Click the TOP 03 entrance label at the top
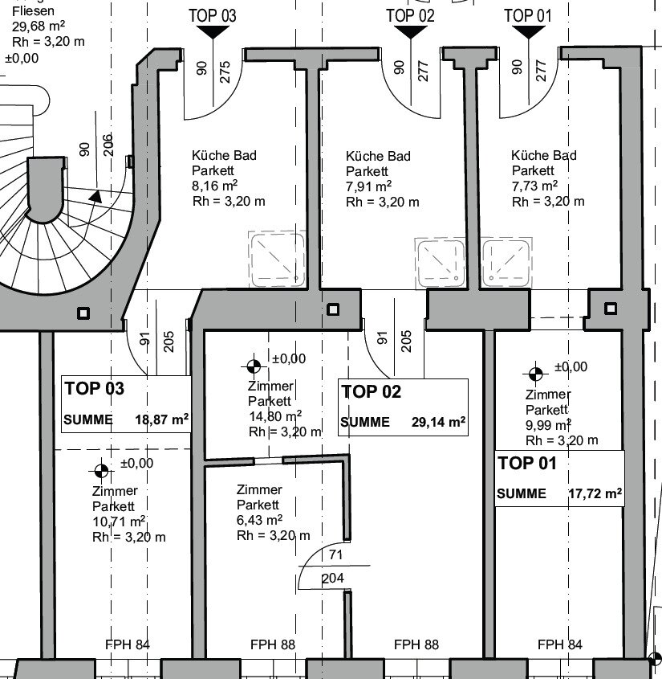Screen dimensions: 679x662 pyautogui.click(x=212, y=15)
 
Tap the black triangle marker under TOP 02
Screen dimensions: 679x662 pyautogui.click(x=410, y=32)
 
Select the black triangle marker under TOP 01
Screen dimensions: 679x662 pyautogui.click(x=528, y=32)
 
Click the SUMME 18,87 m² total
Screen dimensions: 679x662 pyautogui.click(x=126, y=420)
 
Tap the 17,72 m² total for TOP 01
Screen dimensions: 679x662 pyautogui.click(x=595, y=493)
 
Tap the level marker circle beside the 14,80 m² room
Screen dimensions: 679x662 pyautogui.click(x=254, y=366)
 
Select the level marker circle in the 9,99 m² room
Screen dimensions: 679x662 pyautogui.click(x=535, y=374)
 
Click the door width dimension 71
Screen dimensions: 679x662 pyautogui.click(x=336, y=554)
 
